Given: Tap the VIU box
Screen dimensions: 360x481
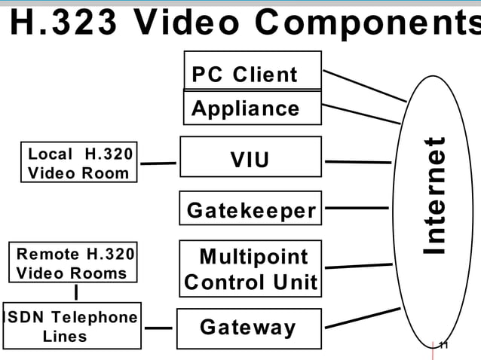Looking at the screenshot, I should click(250, 160).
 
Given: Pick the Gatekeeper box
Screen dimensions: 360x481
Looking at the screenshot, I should click(250, 209).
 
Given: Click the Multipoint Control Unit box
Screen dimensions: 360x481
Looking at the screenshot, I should click(250, 269).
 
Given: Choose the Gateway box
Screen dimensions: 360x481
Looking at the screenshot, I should click(249, 328).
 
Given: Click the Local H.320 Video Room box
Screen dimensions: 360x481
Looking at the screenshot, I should click(79, 163).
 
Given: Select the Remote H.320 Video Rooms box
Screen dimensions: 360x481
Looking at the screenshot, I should click(73, 262).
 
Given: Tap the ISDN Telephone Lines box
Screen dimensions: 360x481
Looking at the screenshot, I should click(72, 326).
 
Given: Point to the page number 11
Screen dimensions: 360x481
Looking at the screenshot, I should click(443, 346).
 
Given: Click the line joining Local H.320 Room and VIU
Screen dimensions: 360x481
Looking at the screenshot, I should click(158, 163).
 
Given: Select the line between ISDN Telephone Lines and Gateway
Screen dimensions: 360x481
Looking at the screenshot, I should click(158, 328).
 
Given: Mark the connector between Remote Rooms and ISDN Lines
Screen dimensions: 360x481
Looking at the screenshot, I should click(76, 291).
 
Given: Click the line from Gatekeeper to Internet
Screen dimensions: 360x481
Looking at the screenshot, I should click(357, 208).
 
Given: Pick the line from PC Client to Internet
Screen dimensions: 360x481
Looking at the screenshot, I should click(364, 85).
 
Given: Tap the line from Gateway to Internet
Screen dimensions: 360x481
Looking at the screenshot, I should click(362, 317).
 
